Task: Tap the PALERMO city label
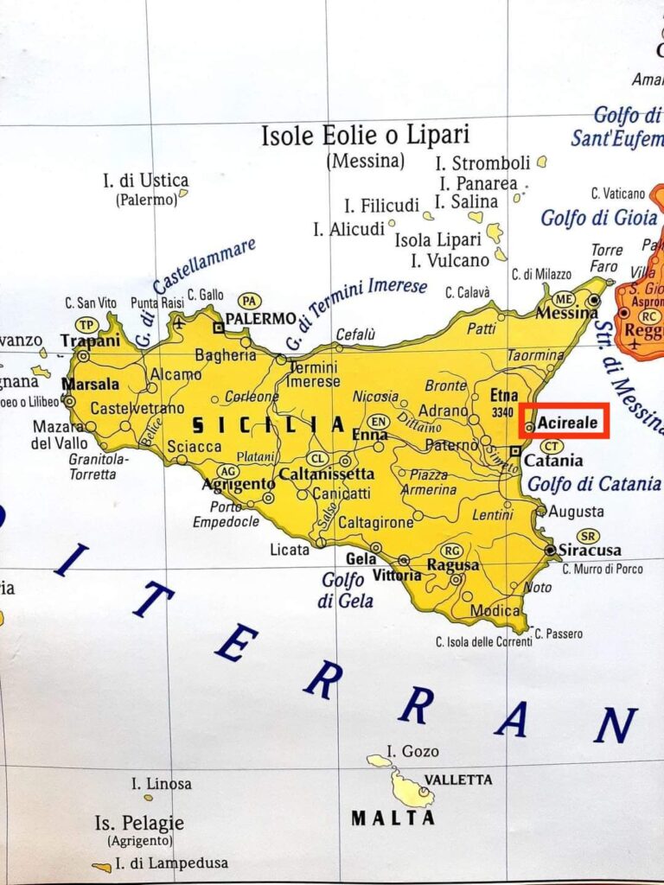click(x=260, y=319)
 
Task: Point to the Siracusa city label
click(x=590, y=551)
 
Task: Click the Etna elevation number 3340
click(x=502, y=412)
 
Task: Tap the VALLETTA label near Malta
click(x=457, y=780)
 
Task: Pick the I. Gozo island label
click(x=413, y=751)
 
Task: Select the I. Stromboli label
click(x=482, y=162)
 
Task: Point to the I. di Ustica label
click(x=145, y=181)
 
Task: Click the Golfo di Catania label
click(x=594, y=484)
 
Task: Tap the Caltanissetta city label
click(x=325, y=474)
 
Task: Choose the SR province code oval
click(x=588, y=536)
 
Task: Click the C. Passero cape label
click(x=559, y=634)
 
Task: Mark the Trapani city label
click(x=90, y=341)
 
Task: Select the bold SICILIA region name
click(x=268, y=425)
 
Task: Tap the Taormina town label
click(x=535, y=355)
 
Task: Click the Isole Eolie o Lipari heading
click(x=365, y=136)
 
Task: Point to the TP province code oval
click(x=86, y=324)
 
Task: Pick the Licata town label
click(x=290, y=550)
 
